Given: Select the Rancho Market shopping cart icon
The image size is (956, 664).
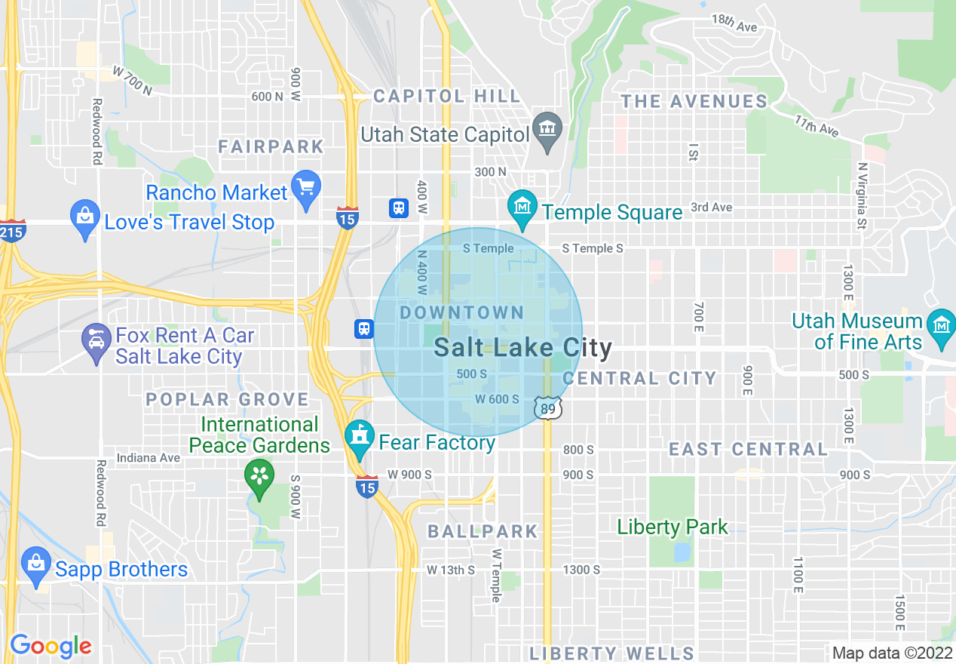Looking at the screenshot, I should pyautogui.click(x=307, y=187).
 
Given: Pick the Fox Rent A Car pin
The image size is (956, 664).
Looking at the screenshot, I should pyautogui.click(x=97, y=343).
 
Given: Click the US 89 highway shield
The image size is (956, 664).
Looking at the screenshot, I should pyautogui.click(x=548, y=408).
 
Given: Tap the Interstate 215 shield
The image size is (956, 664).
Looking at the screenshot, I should pyautogui.click(x=14, y=229).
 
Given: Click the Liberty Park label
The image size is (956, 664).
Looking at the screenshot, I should pyautogui.click(x=673, y=527).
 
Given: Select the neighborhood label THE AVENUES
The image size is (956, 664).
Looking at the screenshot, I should pyautogui.click(x=694, y=101).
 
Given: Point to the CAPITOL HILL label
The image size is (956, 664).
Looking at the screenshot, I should pyautogui.click(x=446, y=96).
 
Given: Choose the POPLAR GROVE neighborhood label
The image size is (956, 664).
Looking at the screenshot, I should pyautogui.click(x=228, y=399).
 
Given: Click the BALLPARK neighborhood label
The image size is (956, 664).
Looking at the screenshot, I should pyautogui.click(x=483, y=531).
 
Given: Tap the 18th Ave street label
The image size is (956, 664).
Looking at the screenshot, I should pyautogui.click(x=734, y=24).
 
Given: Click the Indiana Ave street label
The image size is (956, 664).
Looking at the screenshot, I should pyautogui.click(x=148, y=457).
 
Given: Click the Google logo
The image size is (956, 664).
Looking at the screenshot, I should pyautogui.click(x=51, y=646).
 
